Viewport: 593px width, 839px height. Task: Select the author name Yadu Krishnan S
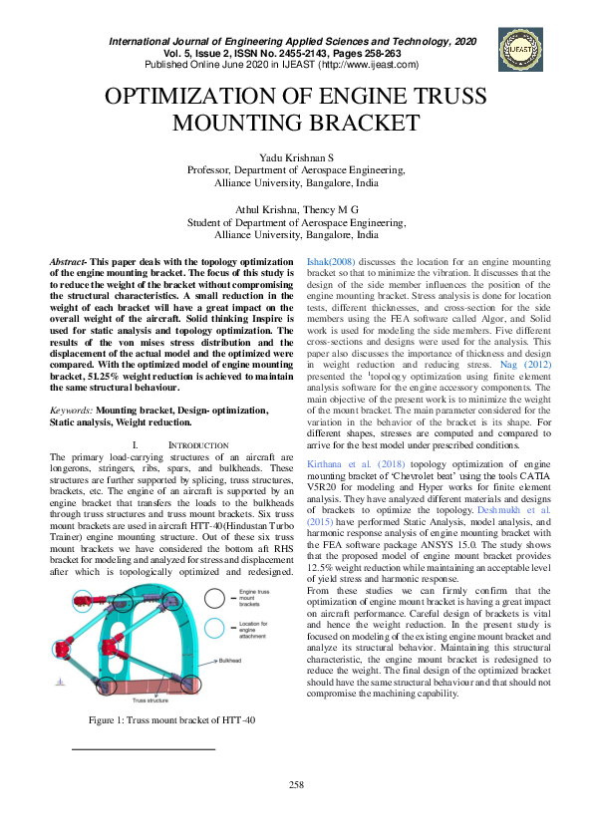coord(296,158)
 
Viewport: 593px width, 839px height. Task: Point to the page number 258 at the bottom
coord(296,785)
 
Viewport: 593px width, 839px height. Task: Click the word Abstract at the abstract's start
coord(69,260)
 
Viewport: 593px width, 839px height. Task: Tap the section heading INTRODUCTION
coord(203,441)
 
